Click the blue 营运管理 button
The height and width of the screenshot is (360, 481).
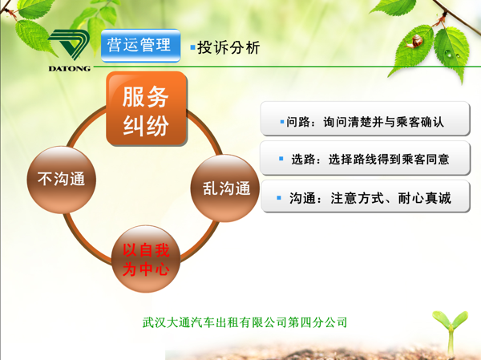[x=140, y=46]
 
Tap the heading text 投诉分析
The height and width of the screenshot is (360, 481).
[x=228, y=47]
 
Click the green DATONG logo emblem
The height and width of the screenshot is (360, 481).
[x=69, y=45]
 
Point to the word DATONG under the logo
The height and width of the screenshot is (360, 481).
[x=69, y=69]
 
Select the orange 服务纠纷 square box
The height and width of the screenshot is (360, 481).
[x=147, y=109]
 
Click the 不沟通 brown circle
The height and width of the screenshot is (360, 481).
[x=62, y=180]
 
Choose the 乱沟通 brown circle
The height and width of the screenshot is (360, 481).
[x=225, y=188]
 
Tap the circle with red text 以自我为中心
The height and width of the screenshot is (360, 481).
[x=146, y=259]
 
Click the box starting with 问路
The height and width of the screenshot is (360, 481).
[x=365, y=119]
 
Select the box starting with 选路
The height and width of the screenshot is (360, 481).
[x=365, y=158]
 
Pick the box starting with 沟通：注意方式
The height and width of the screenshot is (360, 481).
[x=365, y=196]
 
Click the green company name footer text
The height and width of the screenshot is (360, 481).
[x=245, y=322]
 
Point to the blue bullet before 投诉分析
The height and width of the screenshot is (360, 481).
[x=192, y=47]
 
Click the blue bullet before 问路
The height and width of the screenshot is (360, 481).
[x=282, y=122]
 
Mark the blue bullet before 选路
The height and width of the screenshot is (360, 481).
[x=281, y=159]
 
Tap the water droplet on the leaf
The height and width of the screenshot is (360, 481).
[x=448, y=54]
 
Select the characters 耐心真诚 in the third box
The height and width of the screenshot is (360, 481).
[x=425, y=198]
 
